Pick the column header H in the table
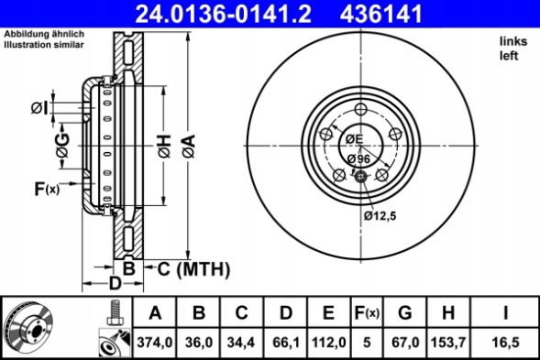[447, 313]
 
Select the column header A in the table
[156, 313]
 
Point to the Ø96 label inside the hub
[359, 158]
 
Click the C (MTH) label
[193, 268]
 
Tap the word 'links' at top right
[512, 42]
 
